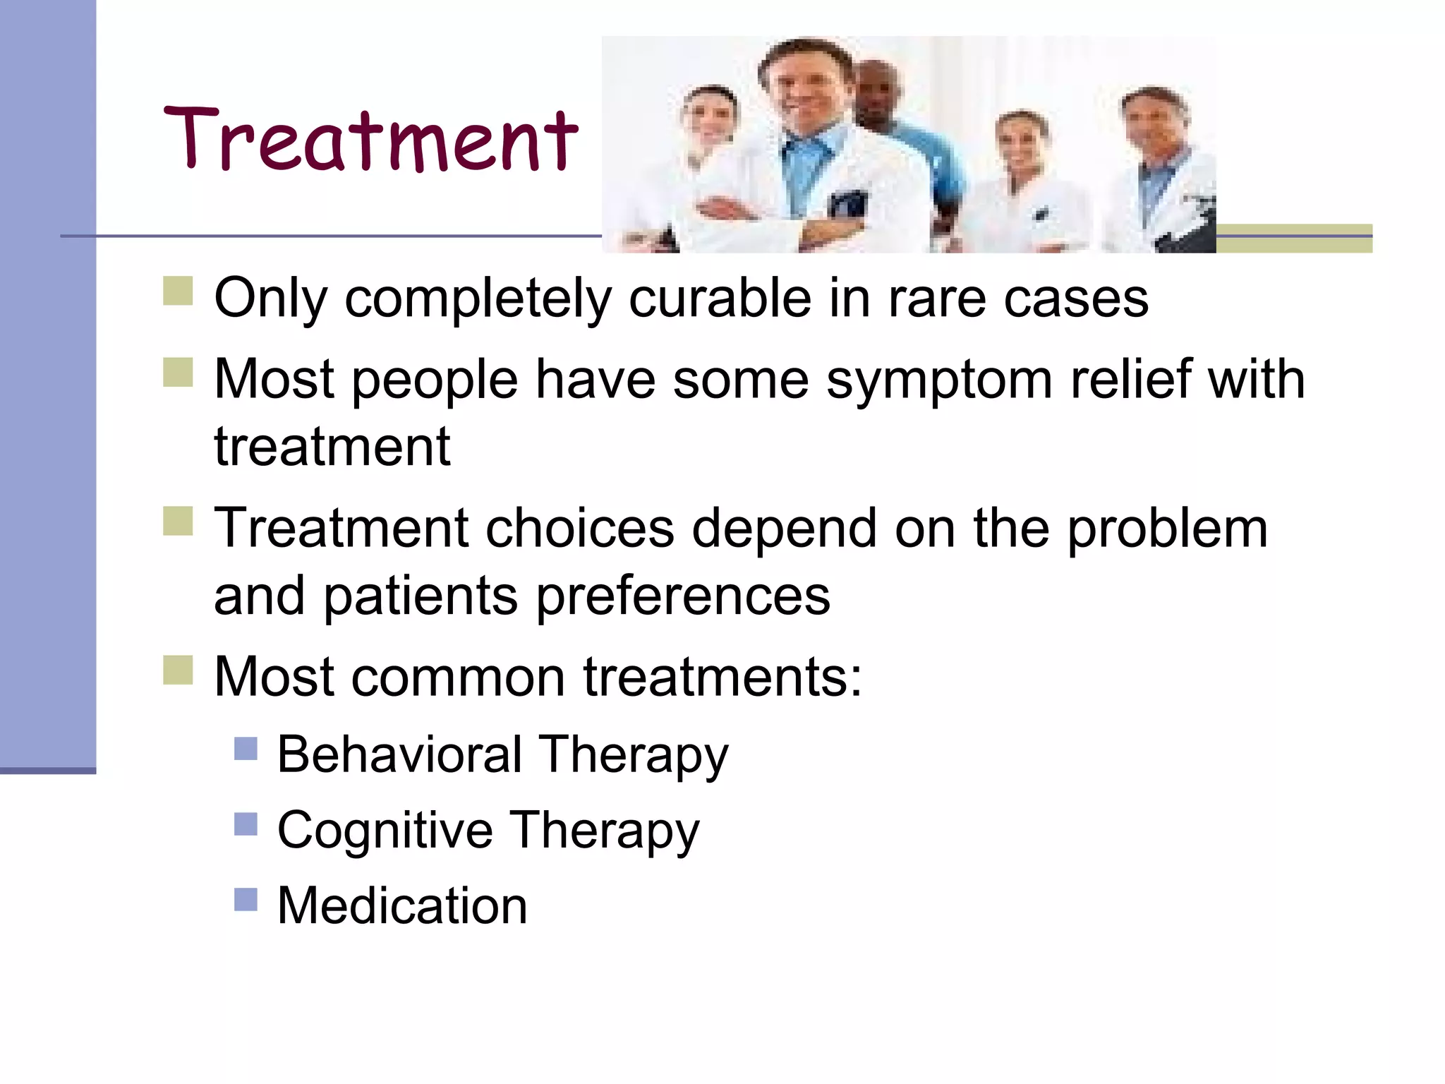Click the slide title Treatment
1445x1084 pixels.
point(370,140)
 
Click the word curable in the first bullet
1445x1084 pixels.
point(719,299)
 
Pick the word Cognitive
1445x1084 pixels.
point(385,831)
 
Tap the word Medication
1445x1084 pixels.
point(402,906)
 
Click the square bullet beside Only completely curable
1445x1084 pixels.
point(178,291)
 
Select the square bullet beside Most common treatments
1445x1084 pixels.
point(178,670)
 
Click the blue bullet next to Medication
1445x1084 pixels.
point(246,899)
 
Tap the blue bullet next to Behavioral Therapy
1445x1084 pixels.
point(246,748)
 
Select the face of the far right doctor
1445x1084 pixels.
point(1154,127)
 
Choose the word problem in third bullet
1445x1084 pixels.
point(1167,529)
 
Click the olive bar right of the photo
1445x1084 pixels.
point(1294,239)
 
